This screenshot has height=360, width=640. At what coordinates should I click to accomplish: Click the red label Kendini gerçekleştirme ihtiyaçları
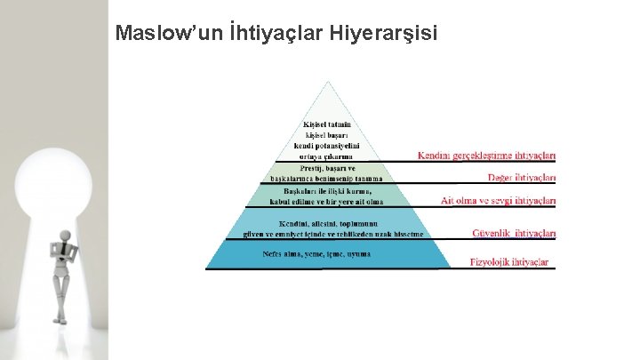coord(487,156)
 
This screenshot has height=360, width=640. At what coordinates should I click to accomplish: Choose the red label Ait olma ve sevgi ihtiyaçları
coord(499,201)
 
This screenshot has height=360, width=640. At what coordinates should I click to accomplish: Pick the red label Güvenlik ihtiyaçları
coord(514,234)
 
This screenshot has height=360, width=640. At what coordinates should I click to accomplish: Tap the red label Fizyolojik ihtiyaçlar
coord(509,262)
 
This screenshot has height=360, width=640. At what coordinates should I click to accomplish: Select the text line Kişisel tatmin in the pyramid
coord(327,124)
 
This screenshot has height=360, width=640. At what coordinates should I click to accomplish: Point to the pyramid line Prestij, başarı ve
coord(327,168)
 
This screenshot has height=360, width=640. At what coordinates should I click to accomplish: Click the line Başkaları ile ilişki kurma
coord(327,190)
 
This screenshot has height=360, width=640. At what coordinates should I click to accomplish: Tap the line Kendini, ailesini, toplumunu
coord(328,222)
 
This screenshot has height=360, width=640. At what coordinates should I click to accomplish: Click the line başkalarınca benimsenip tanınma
coord(327,179)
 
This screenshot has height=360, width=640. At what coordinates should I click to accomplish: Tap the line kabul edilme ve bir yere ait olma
coord(327,201)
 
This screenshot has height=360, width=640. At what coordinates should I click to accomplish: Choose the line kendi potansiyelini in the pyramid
coord(327,146)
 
